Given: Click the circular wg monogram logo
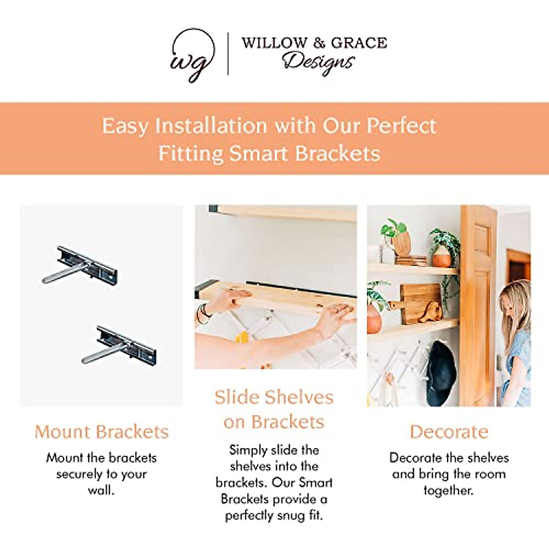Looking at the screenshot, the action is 193,55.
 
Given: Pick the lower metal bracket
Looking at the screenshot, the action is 119,345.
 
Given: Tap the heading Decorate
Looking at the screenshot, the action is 449,432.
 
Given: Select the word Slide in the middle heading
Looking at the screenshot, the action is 237,397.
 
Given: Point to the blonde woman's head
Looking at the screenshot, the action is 515,301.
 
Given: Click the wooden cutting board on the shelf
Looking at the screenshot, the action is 417,303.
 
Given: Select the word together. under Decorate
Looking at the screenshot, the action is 449,490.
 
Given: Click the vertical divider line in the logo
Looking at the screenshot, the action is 228,54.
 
